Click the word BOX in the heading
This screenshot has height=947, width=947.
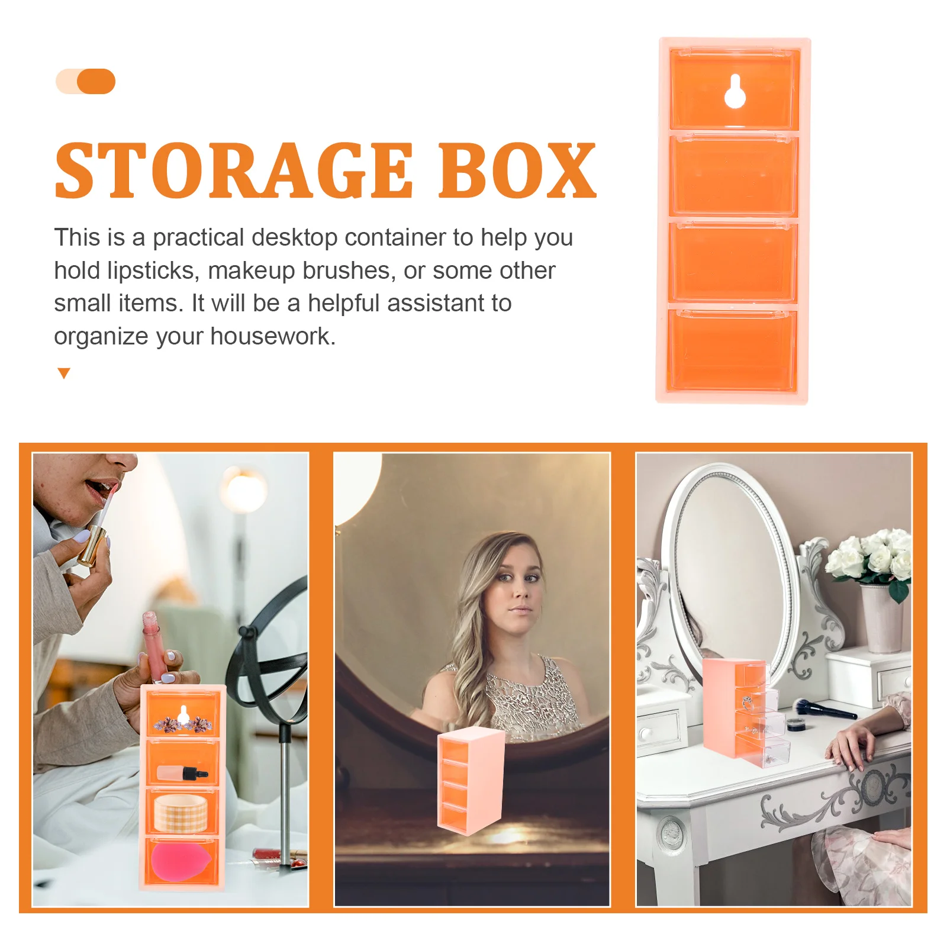tap(517, 171)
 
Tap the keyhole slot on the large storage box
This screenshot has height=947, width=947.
tap(735, 92)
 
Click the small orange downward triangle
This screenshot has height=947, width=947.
tap(64, 373)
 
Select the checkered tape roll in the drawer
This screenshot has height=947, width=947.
tap(181, 813)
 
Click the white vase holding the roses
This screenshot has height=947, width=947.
tap(882, 619)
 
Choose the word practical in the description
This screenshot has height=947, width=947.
tap(198, 238)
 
